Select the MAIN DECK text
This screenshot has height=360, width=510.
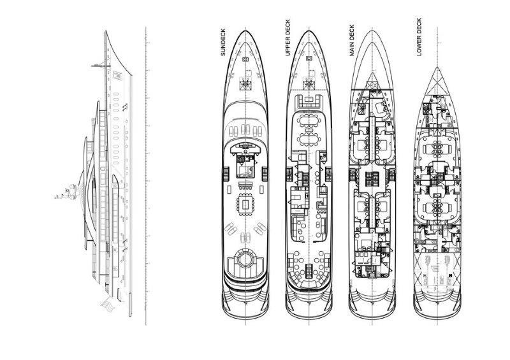tap(352, 41)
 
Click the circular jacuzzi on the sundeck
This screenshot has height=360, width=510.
tap(244, 261)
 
